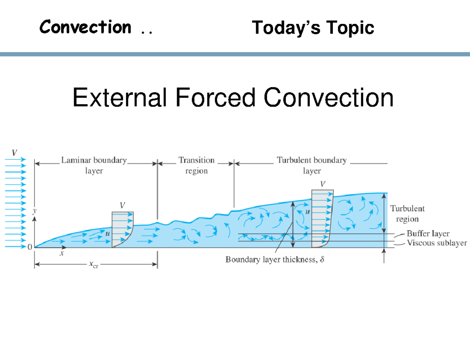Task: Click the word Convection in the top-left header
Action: (x=85, y=27)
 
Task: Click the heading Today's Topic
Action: (x=313, y=28)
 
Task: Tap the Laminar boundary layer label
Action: (x=94, y=165)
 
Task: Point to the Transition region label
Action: (x=196, y=165)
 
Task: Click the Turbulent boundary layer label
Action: (x=312, y=165)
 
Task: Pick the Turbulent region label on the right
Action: (x=407, y=214)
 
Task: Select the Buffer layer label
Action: (x=428, y=234)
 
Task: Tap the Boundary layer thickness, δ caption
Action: (x=275, y=260)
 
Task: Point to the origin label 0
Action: (x=30, y=247)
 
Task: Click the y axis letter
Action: (x=34, y=210)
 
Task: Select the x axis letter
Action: (x=61, y=253)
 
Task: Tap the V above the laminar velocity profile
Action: (x=123, y=205)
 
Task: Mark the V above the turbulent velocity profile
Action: (x=322, y=183)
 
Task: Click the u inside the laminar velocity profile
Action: (x=108, y=233)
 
